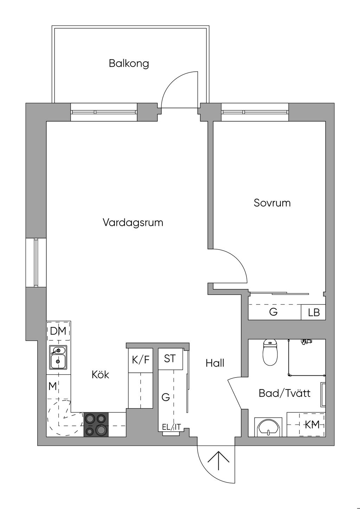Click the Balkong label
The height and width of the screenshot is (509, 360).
[129, 64]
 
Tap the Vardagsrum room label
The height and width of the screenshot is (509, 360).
[133, 223]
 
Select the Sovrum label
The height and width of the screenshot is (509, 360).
[272, 203]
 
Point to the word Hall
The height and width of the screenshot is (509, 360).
[215, 363]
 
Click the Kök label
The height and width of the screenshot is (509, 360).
[100, 374]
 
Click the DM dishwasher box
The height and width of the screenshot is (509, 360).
[58, 331]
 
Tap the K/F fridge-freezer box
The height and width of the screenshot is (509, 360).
[141, 360]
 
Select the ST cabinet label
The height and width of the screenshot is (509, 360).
[170, 359]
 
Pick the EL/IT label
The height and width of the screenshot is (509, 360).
[172, 427]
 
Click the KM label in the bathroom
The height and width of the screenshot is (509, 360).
[312, 425]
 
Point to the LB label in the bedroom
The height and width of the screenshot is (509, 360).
[314, 313]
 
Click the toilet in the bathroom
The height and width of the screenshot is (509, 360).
[270, 352]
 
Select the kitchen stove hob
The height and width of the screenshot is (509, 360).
[96, 424]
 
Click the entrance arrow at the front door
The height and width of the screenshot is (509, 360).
[219, 460]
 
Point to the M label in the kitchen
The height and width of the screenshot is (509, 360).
[52, 386]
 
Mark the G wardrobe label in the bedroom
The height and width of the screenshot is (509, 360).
[273, 312]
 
